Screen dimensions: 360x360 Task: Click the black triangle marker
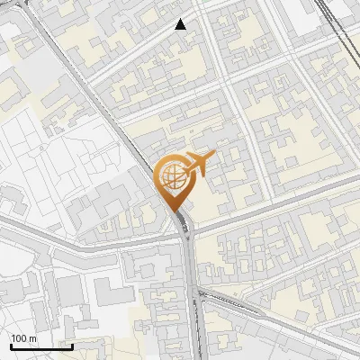tap(181, 24)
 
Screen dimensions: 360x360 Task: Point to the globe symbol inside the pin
tap(171, 176)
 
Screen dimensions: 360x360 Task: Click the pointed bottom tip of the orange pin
tap(173, 211)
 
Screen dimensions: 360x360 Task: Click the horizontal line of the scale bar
tap(40, 346)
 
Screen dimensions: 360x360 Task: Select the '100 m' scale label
tap(23, 338)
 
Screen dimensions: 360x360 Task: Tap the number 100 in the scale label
tap(20, 338)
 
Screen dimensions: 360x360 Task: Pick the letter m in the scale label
tap(32, 338)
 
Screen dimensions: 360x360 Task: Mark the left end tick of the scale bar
tap(10, 345)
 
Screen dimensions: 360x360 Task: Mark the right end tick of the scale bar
tap(72, 345)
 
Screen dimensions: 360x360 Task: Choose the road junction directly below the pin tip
tap(184, 230)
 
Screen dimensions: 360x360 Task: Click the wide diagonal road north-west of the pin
tap(99, 99)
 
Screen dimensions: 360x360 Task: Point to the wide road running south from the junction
tap(194, 297)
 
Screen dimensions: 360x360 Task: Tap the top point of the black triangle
tap(181, 19)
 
